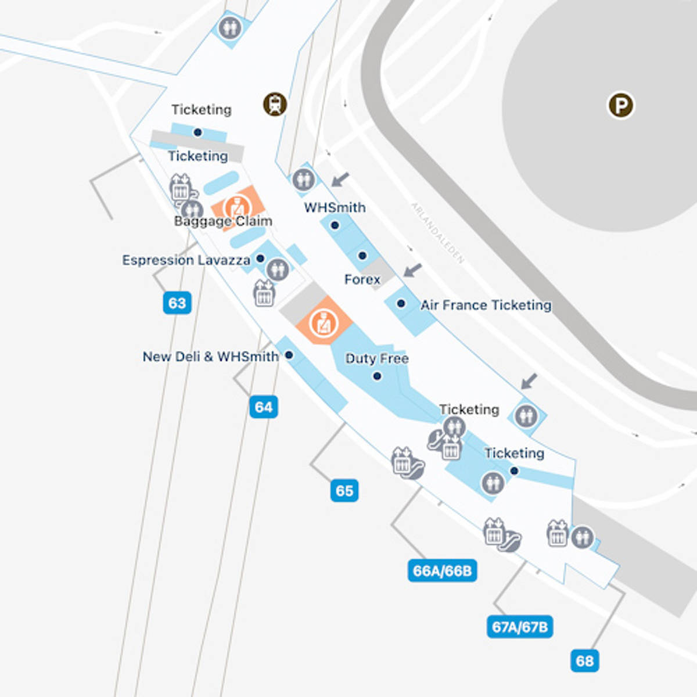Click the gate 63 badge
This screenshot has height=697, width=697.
pos(177,303)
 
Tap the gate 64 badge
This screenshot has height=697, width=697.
pos(263,407)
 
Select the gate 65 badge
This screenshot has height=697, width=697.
pos(344,491)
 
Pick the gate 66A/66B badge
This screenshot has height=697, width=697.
pos(442,571)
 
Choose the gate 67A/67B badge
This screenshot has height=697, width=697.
pos(519,627)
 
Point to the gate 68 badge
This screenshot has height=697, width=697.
pos(584,661)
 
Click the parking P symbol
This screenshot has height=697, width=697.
pos(621,106)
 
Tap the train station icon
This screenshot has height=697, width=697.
pos(275,105)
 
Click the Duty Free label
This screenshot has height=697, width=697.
pos(377,358)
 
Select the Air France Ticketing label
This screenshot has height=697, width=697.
pos(486,305)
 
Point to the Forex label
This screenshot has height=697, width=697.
pos(362,279)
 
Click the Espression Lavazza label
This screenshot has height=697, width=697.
pos(186,260)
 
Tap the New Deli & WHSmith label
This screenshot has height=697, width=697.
pos(210,356)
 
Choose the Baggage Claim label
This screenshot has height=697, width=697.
pos(223,221)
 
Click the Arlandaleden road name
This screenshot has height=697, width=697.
pos(438,233)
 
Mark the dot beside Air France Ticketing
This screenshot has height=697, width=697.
pos(401,303)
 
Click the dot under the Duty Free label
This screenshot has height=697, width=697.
pos(377,376)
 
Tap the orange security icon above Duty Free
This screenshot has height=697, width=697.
pos(323,323)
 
